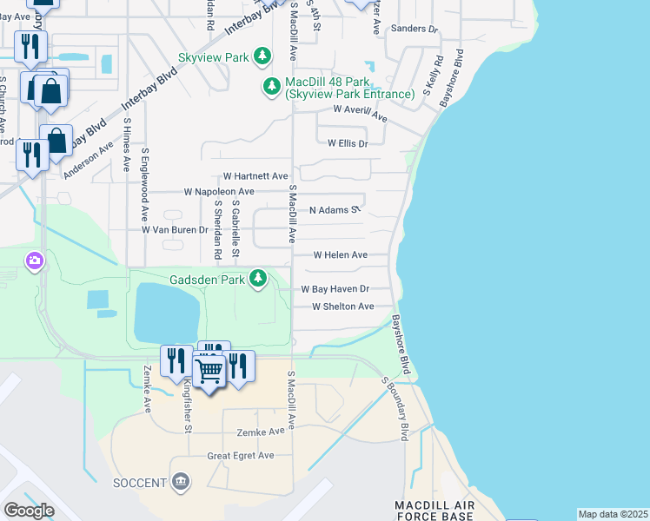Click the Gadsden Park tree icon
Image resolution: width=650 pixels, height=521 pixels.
coord(258,278)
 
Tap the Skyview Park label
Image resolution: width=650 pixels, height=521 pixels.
coord(214,58)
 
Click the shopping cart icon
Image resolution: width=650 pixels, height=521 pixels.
coord(209,371)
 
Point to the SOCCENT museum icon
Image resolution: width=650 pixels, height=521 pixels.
coord(181,481)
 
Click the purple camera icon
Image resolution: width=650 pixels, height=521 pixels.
coord(35,260)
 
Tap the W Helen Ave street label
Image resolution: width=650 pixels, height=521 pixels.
coord(341,255)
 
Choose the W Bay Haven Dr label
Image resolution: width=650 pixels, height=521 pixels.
coord(335,288)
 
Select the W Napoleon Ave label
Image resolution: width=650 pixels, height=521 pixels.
coord(218,191)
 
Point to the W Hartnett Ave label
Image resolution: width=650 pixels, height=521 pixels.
coord(255,176)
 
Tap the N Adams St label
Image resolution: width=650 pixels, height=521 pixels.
coord(335,210)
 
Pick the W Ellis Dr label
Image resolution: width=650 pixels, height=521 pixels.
coord(348,143)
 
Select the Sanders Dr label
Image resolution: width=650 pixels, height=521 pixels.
coord(415,29)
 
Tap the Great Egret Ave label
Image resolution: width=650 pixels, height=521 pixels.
coord(240,456)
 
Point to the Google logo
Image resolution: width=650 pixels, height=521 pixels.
coord(28,511)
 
